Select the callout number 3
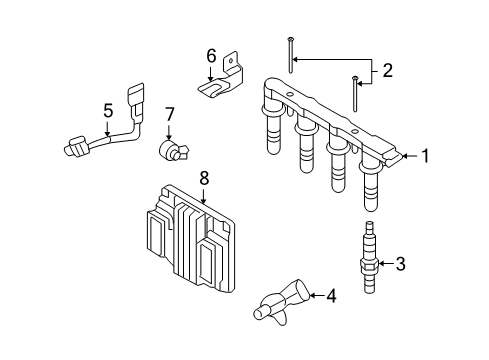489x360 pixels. coord(401,264)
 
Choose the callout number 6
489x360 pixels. coord(211,55)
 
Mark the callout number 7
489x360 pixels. coord(170,115)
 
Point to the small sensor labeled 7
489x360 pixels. coord(171,151)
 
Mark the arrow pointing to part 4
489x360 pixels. coord(315,295)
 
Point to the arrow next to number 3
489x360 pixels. coord(387,264)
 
